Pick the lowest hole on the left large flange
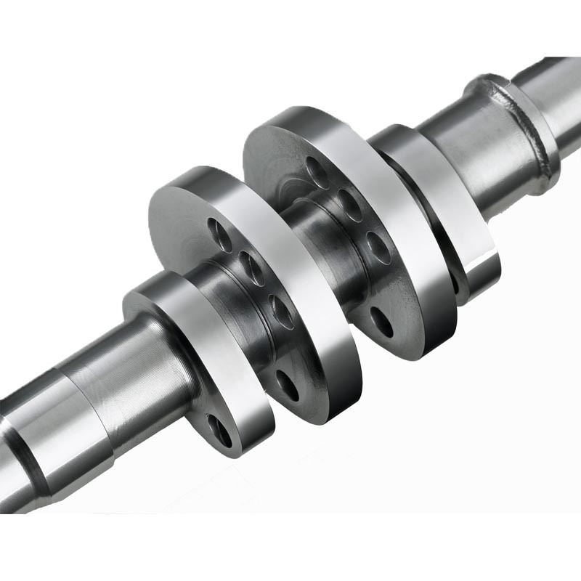coord(287,386)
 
